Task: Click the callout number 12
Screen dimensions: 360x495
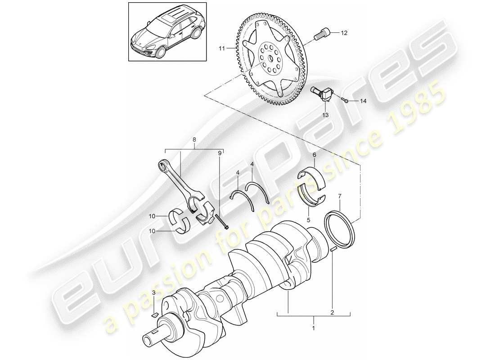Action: point(344,33)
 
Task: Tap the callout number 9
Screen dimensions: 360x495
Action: point(220,153)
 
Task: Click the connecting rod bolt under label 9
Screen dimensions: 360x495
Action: point(222,221)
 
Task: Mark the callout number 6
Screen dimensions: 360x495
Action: point(315,155)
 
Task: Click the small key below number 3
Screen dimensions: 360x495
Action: point(153,314)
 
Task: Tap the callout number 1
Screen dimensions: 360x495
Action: point(313,329)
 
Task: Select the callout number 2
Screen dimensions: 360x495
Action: point(332,312)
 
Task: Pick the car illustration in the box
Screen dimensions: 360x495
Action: point(167,33)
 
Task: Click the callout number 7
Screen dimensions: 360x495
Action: point(340,196)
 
